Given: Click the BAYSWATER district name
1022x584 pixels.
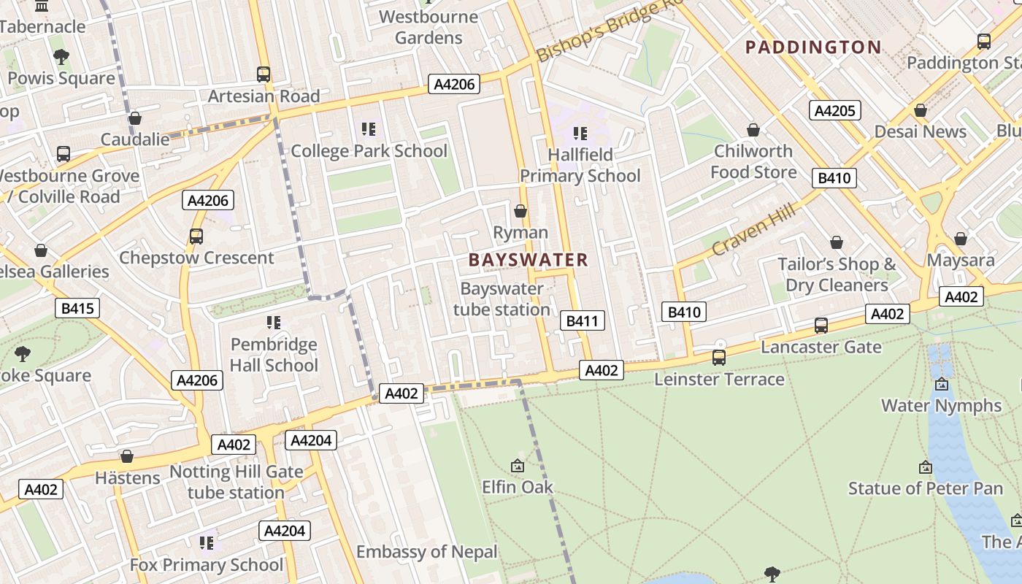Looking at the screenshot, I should [x=528, y=260].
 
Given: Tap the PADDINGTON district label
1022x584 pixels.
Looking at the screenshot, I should [x=813, y=47].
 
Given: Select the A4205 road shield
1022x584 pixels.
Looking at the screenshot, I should [x=835, y=110].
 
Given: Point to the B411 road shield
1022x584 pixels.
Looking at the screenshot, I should [x=582, y=320].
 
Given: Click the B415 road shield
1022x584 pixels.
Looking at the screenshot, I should [x=77, y=308].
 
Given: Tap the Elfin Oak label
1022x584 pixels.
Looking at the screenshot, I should [x=518, y=487].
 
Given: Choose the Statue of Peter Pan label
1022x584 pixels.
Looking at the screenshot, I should [x=926, y=488].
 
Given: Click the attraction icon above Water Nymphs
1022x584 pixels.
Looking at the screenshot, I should [x=942, y=384].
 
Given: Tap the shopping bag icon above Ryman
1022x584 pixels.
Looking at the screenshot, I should [x=520, y=212].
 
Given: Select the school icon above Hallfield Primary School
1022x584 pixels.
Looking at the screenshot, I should [x=580, y=134].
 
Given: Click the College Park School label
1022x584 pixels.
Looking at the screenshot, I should [x=369, y=151].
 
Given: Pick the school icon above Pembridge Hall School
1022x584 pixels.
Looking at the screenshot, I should [x=274, y=323].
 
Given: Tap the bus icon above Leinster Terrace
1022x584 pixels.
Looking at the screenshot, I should [x=719, y=358].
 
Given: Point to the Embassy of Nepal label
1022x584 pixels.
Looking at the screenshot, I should [x=426, y=552].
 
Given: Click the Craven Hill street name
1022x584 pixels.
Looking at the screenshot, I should [x=752, y=230].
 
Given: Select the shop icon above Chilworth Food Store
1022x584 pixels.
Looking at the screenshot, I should [x=753, y=131].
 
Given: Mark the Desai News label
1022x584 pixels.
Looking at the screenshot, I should [x=920, y=132].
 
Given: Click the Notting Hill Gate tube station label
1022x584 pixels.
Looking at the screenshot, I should [x=236, y=482].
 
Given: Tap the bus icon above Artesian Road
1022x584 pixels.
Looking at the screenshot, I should [x=264, y=74].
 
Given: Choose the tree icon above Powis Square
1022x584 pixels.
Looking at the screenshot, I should [x=61, y=57].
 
